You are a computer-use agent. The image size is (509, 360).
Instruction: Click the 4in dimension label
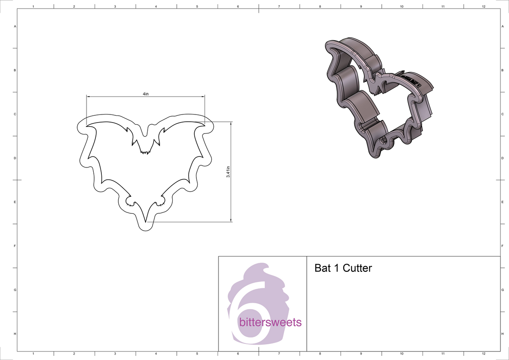pyautogui.click(x=145, y=94)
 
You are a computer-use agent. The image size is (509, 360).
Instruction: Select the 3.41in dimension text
pyautogui.click(x=228, y=172)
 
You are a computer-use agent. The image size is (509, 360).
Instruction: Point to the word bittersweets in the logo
pyautogui.click(x=270, y=322)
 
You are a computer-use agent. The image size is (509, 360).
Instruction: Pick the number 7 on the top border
pyautogui.click(x=279, y=7)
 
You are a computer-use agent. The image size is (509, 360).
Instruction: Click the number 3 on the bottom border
pyautogui.click(x=115, y=353)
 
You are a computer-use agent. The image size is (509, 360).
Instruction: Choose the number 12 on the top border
pyautogui.click(x=484, y=7)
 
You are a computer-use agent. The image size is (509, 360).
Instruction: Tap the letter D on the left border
pyautogui.click(x=15, y=158)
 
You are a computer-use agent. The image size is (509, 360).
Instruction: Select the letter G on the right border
pyautogui.click(x=502, y=290)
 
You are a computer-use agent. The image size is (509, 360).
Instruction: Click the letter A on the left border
pyautogui.click(x=15, y=26)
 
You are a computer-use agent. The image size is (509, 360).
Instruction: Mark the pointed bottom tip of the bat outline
pyautogui.click(x=145, y=222)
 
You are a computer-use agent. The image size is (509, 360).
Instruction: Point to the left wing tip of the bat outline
pyautogui.click(x=87, y=126)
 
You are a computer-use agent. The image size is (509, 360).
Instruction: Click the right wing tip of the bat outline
pyautogui.click(x=204, y=125)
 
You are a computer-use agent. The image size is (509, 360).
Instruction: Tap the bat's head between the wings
pyautogui.click(x=145, y=144)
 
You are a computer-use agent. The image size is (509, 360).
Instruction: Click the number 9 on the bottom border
pyautogui.click(x=361, y=353)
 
